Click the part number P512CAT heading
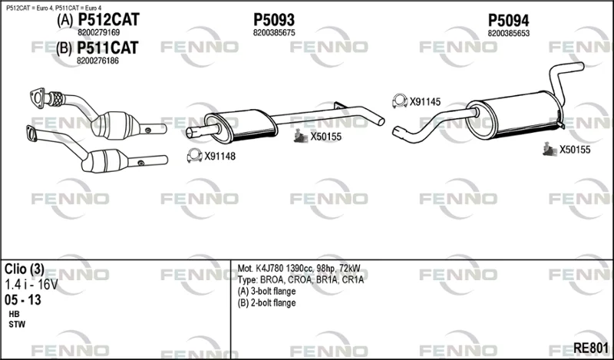108,20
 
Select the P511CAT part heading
107,48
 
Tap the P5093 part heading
274,20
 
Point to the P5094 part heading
508,20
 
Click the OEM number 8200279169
99,32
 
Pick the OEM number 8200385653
508,33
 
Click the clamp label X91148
220,157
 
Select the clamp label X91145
425,102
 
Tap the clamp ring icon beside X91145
400,101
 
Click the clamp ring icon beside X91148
195,156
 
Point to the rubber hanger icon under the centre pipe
301,136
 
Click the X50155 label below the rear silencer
574,150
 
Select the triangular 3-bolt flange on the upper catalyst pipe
37,98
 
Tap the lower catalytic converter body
105,160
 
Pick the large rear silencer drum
513,114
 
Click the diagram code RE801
590,348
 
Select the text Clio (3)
25,269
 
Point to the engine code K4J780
270,269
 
